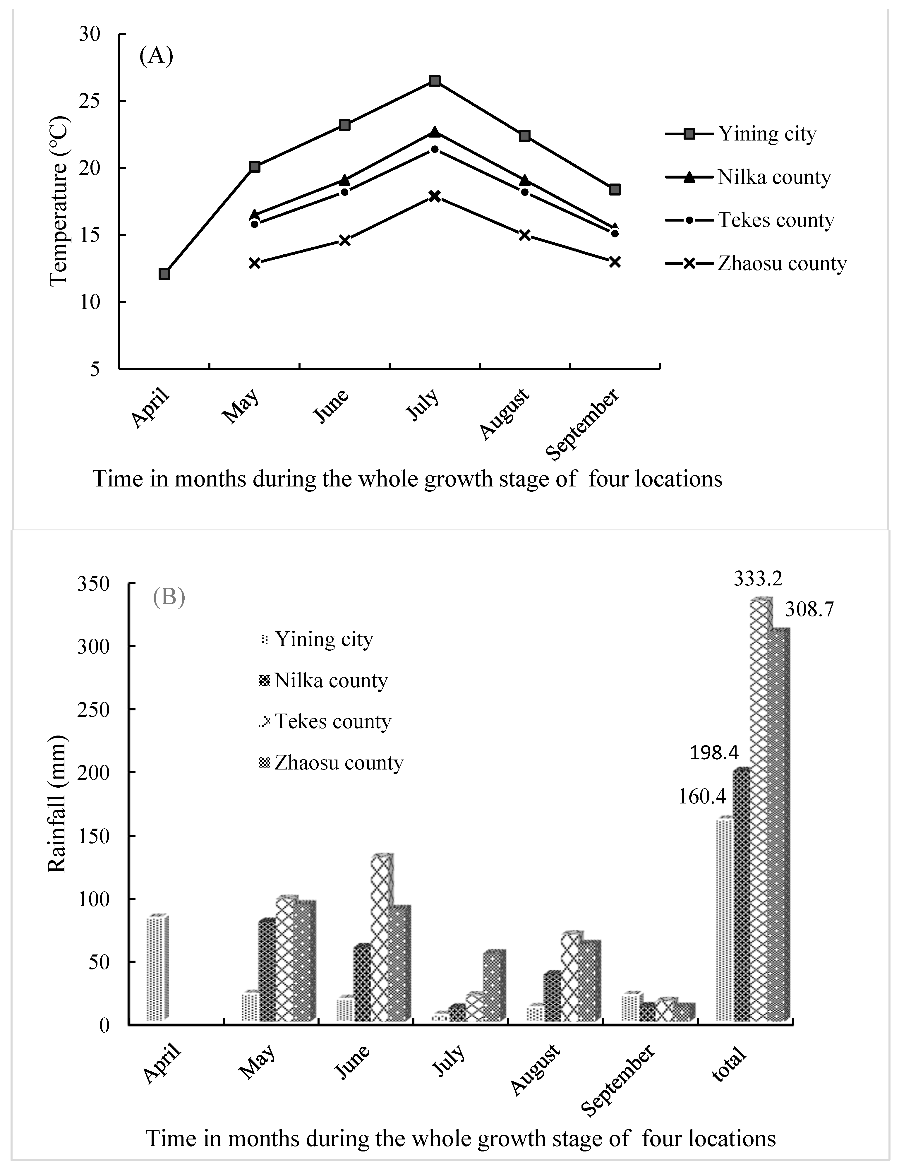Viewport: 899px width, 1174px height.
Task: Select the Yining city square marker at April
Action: click(x=164, y=274)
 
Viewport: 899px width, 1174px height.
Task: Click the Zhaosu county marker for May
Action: click(x=255, y=263)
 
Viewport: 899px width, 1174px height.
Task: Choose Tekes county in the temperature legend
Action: click(x=776, y=220)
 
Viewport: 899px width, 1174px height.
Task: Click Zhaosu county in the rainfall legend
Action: click(x=338, y=762)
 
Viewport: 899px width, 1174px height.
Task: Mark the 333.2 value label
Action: click(x=758, y=578)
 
